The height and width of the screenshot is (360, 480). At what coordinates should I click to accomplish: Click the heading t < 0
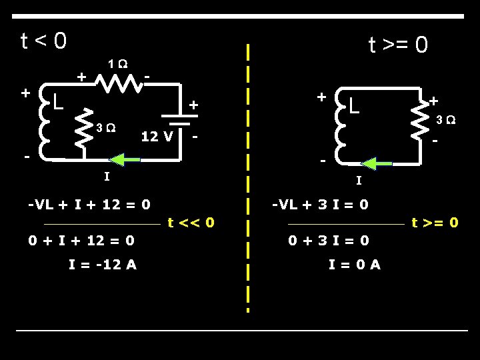point(43,41)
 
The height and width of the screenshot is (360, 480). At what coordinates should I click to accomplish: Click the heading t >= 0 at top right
point(399,45)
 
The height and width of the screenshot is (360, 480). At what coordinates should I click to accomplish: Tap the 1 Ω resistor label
point(119,65)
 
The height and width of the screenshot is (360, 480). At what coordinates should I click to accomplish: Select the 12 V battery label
point(157,137)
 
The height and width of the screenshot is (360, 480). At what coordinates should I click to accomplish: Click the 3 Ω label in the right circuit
point(447,120)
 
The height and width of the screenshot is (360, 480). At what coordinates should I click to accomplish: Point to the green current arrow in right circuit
point(377,163)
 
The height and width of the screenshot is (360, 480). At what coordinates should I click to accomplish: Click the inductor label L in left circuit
point(58,102)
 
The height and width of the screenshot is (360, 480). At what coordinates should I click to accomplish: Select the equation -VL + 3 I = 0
point(321,204)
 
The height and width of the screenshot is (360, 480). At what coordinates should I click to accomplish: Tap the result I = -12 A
point(103,264)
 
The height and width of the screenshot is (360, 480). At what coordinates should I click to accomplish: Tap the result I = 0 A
point(355,264)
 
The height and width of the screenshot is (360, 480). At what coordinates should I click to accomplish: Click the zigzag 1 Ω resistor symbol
point(120,83)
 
